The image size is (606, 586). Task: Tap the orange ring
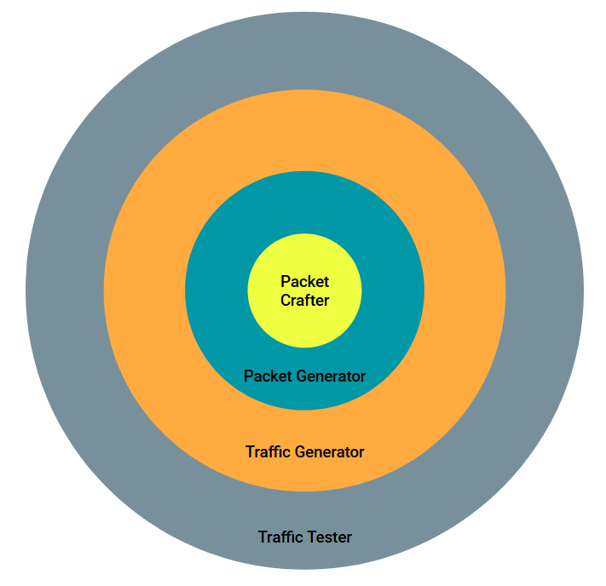pos(145,290)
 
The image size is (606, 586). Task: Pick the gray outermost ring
pos(65,290)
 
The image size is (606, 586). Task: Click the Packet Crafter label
pos(304,290)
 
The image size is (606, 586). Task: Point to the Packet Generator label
pos(304,376)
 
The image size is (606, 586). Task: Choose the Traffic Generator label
pos(304,451)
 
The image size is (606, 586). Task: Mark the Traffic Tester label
pos(304,537)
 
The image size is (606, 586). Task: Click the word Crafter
pos(304,300)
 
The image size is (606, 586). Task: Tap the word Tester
pos(330,537)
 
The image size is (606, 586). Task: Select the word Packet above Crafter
pos(304,281)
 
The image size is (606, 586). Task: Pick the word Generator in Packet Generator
pos(326,376)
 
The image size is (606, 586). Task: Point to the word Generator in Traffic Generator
pos(327,451)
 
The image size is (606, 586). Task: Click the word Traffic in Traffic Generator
pos(267,451)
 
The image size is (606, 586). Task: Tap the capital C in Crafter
pos(286,300)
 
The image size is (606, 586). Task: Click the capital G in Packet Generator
pos(291,376)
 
